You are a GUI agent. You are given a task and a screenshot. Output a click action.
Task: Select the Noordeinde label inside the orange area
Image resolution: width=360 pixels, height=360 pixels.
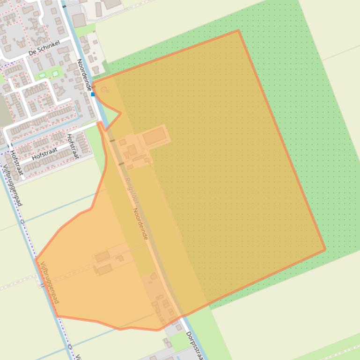[140, 224]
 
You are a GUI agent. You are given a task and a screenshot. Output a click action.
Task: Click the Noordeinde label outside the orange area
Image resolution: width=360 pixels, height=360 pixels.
[84, 75]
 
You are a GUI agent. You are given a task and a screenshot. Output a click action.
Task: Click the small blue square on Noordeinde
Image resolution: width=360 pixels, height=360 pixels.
[93, 94]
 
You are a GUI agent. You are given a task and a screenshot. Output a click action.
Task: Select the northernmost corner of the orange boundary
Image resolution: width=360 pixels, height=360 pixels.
[238, 31]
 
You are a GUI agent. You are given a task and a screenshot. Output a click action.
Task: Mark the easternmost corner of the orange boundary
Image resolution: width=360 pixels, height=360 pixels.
[325, 250]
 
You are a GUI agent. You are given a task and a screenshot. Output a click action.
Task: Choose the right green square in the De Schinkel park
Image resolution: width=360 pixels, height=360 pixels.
[55, 73]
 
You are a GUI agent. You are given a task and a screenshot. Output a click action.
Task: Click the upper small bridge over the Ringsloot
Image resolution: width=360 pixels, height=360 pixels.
[112, 141]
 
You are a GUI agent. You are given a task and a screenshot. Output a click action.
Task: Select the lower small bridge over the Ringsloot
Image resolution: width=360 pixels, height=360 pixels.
[121, 164]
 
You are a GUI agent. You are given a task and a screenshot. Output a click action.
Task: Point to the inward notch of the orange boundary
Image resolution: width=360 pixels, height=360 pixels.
[120, 113]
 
